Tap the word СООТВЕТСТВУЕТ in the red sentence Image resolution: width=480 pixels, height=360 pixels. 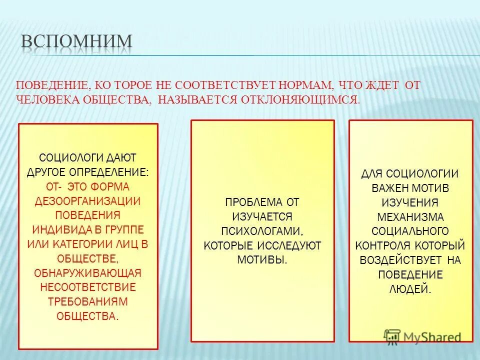pyautogui.click(x=220, y=85)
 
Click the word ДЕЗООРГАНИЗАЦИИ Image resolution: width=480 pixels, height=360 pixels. pyautogui.click(x=88, y=201)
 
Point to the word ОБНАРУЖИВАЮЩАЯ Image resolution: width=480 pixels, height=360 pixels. pyautogui.click(x=88, y=273)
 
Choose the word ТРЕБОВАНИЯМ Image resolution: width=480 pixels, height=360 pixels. pyautogui.click(x=88, y=302)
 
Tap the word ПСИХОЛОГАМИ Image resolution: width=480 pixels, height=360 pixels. pyautogui.click(x=262, y=231)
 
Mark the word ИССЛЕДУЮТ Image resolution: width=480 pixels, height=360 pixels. pyautogui.click(x=294, y=245)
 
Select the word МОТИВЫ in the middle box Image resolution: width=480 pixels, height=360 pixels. pyautogui.click(x=262, y=260)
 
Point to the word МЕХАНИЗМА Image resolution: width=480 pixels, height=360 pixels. pyautogui.click(x=410, y=217)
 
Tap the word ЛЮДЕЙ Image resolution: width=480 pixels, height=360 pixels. pyautogui.click(x=410, y=289)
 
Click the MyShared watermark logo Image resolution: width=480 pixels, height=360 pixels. pyautogui.click(x=423, y=336)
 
